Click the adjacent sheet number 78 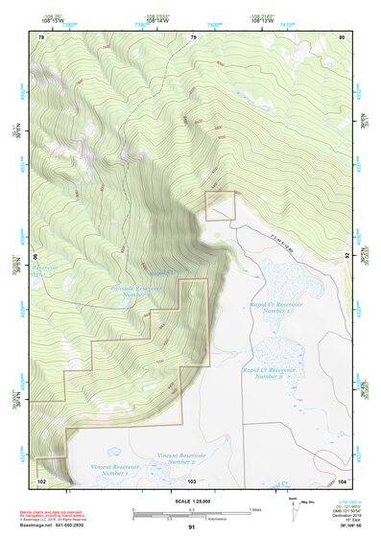point(41,37)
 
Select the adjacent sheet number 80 point(342,37)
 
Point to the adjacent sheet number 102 point(41,479)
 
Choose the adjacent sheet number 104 point(342,479)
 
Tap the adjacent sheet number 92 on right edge point(347,256)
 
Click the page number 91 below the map point(192,527)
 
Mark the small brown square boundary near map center point(221,206)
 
